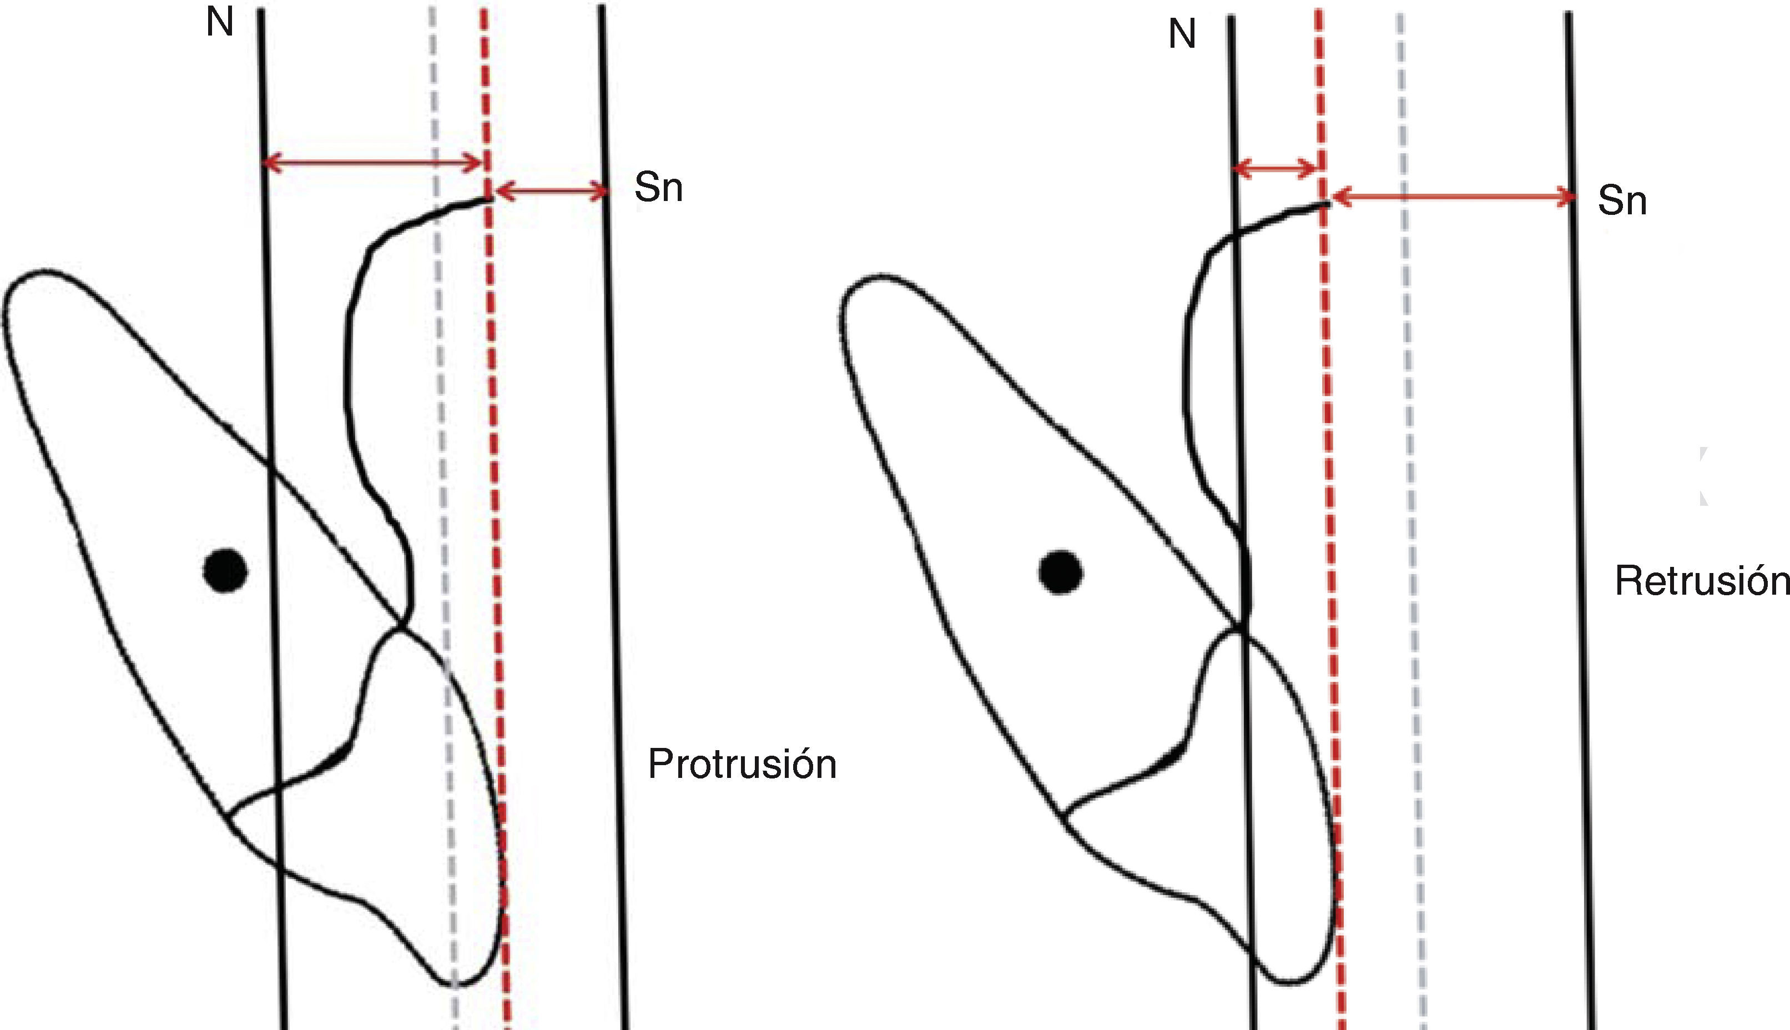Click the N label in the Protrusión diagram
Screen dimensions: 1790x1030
click(x=219, y=23)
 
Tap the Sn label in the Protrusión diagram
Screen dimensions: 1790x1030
click(x=658, y=188)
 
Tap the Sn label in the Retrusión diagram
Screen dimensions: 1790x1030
click(x=1622, y=201)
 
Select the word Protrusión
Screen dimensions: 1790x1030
click(x=742, y=764)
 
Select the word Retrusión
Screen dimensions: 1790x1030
click(x=1701, y=581)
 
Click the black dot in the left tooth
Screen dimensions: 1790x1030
click(x=225, y=570)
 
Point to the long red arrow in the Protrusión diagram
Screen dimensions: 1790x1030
click(x=372, y=163)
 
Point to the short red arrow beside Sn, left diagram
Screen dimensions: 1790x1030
click(x=551, y=191)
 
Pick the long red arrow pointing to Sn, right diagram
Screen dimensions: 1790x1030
click(x=1453, y=197)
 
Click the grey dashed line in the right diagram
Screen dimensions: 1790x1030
click(x=1408, y=424)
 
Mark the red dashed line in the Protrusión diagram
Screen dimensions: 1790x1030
click(x=493, y=424)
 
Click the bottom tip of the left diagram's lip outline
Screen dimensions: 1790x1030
click(x=454, y=983)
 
